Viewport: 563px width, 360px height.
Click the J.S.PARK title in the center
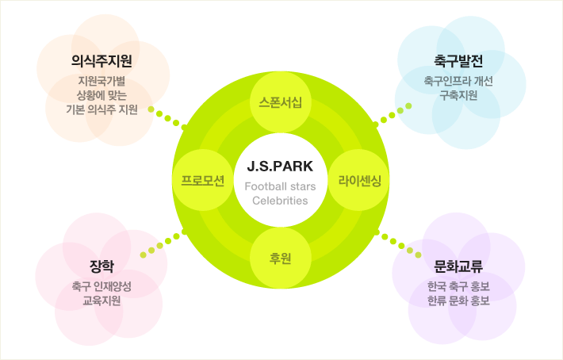click(x=280, y=167)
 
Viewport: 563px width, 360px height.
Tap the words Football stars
click(x=280, y=186)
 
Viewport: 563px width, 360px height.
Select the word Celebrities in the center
click(x=280, y=201)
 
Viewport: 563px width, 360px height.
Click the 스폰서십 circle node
click(x=281, y=102)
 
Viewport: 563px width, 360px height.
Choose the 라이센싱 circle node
click(x=359, y=180)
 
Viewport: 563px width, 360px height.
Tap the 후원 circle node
click(x=281, y=257)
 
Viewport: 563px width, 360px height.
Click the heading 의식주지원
click(x=101, y=62)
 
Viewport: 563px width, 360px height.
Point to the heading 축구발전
click(x=458, y=62)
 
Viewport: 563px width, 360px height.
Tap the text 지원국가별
click(x=101, y=80)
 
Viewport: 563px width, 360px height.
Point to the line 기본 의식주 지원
click(x=101, y=109)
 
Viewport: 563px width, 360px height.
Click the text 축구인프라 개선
click(x=458, y=81)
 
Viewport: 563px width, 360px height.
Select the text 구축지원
click(x=458, y=95)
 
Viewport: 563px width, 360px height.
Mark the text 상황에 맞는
click(x=101, y=94)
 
